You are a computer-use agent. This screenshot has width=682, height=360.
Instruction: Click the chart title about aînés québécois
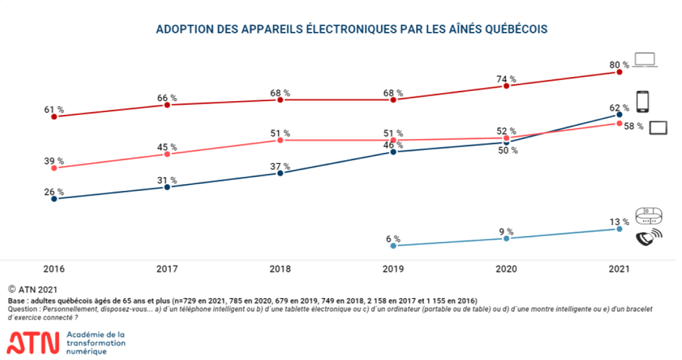click(352, 29)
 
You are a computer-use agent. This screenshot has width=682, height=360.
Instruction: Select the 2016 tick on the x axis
click(54, 269)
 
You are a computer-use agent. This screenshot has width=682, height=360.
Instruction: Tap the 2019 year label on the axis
click(393, 269)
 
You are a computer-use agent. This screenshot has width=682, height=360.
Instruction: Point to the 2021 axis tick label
click(619, 269)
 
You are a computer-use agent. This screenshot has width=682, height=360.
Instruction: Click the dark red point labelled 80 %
click(619, 72)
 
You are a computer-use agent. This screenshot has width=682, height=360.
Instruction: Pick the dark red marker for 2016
click(54, 116)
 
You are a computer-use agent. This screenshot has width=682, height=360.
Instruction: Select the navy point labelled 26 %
click(54, 198)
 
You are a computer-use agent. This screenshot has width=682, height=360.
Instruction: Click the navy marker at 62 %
click(619, 114)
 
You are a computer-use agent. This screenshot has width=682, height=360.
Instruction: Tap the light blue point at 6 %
click(393, 246)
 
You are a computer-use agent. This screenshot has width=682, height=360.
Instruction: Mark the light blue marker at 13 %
click(619, 229)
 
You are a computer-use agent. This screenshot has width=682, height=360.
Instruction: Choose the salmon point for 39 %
click(54, 167)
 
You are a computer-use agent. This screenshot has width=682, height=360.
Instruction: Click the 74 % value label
click(506, 79)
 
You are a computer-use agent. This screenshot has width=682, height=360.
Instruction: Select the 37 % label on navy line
click(280, 166)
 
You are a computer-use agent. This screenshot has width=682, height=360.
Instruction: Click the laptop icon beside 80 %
click(645, 60)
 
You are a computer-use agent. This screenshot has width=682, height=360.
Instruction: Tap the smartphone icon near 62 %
click(643, 102)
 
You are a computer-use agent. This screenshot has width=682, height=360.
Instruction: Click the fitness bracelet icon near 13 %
click(649, 215)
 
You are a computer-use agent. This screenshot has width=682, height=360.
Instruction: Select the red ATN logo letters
click(33, 343)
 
